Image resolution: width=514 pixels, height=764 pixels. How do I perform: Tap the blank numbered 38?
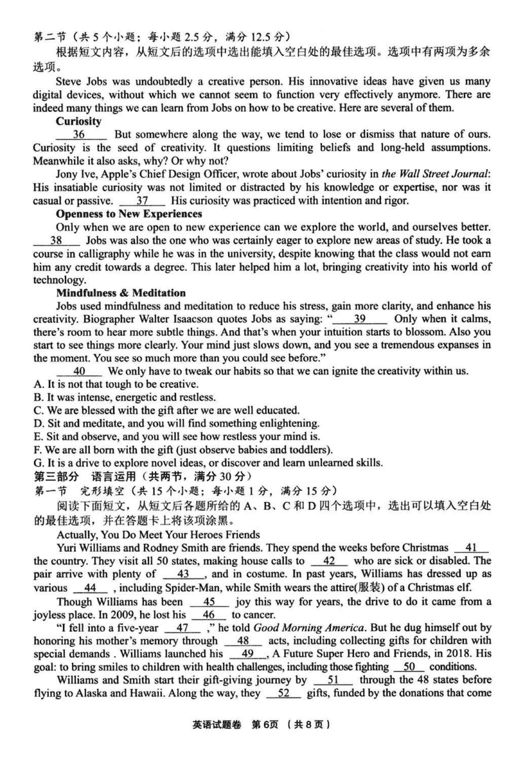coord(56,240)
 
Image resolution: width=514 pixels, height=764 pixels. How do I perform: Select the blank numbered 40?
coord(80,371)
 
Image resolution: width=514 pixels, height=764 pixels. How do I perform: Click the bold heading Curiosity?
coord(78,121)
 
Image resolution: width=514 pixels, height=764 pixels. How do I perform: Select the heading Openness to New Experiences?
coord(128,214)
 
